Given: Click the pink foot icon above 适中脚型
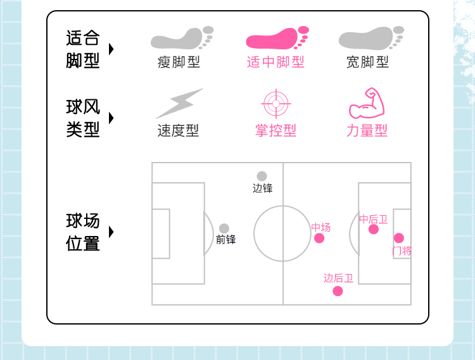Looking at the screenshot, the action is coord(276,39).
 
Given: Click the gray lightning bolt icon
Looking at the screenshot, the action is coord(179,104).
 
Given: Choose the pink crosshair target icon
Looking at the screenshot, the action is coord(275,104).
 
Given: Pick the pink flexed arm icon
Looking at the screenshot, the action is coord(367,104).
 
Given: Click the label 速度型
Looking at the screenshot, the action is coord(178,131).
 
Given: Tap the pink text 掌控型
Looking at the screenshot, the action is coord(275,131).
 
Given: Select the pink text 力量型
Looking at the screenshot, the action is coord(367,131).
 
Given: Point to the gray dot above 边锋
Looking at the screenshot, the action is coord(262,176).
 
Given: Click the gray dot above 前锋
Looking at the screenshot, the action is coord(224,228).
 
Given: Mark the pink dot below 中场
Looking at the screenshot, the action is coord(319,238).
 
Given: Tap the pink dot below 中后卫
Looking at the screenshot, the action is coord(374,229).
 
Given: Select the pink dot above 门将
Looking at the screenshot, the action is coord(398,238).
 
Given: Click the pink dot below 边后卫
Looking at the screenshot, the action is coord(338,291).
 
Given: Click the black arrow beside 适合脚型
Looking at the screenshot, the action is coord(111,49).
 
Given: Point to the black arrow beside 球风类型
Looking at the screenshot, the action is coord(111,118).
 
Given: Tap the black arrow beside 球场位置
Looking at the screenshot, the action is coord(111,232).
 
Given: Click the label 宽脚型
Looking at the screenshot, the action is coord(367,62).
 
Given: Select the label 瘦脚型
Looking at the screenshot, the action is coord(179,62).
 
